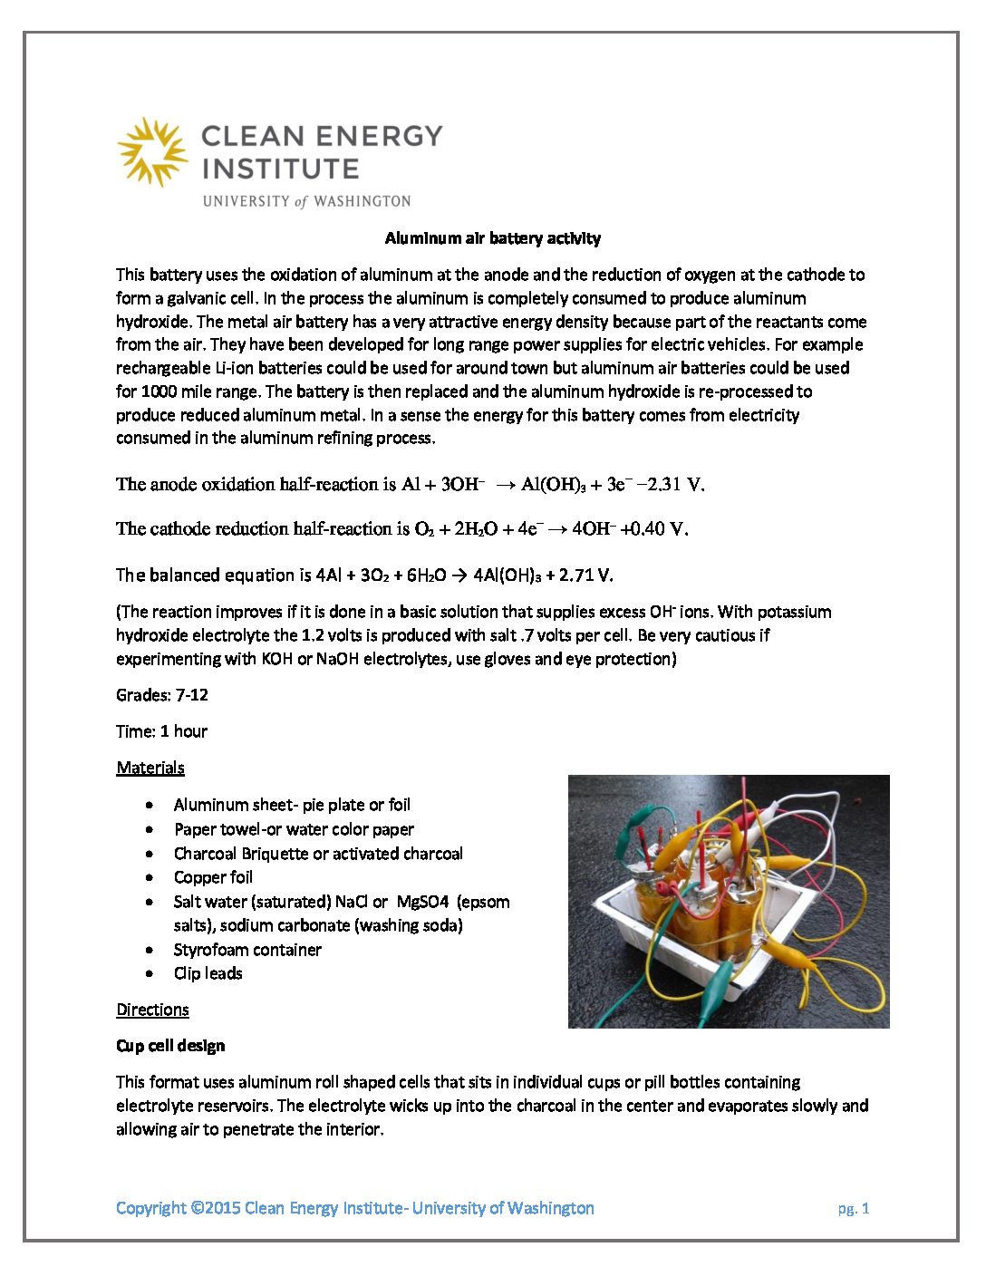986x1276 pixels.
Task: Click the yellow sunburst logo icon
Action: pos(152,151)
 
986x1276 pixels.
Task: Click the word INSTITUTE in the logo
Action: pos(280,169)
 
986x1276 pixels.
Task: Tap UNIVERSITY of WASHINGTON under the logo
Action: pos(306,201)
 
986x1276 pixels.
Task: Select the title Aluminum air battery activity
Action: pos(492,238)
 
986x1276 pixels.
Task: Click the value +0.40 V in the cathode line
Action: pos(653,528)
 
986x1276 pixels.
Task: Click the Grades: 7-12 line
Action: pos(162,695)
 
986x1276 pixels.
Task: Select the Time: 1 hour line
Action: pos(161,731)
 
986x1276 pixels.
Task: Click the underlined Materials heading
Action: pos(150,768)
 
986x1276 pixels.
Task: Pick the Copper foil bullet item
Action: pos(213,877)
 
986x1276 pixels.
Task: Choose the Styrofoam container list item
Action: pos(247,950)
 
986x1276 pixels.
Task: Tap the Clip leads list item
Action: pos(208,973)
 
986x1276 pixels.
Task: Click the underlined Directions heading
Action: pos(152,1010)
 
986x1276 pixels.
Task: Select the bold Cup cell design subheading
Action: pos(170,1046)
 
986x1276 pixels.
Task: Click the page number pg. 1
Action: pos(853,1208)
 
